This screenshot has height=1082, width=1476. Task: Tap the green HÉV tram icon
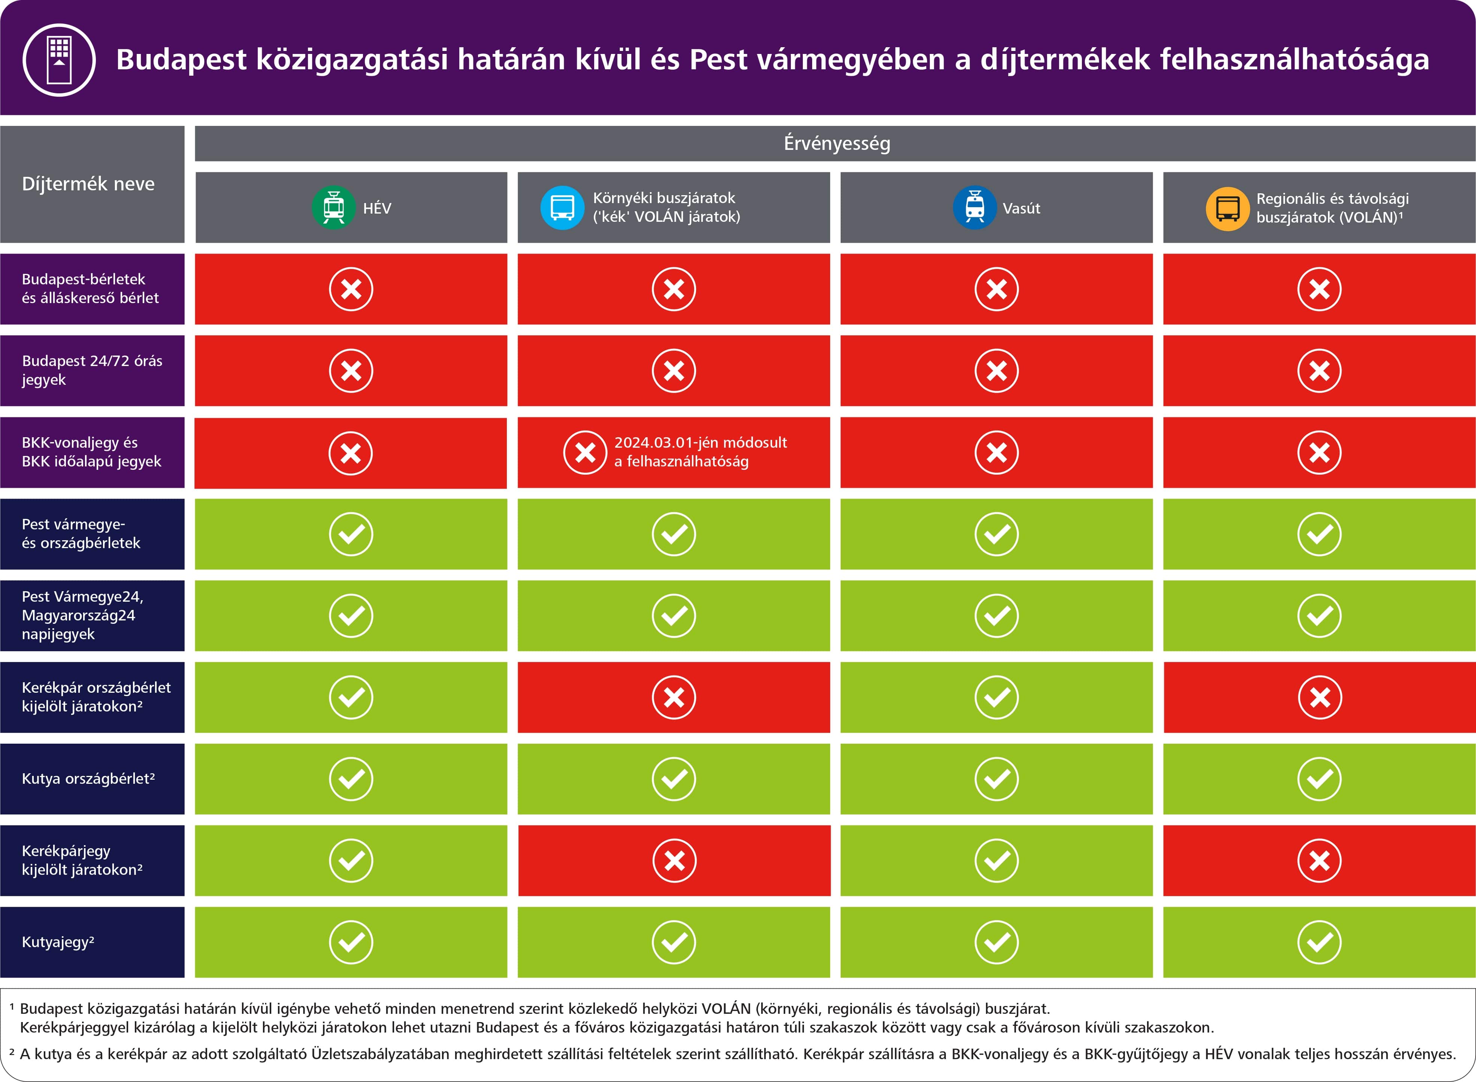(334, 208)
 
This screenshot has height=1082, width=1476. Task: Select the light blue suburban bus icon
(562, 208)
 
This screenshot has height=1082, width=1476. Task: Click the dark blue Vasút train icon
(974, 208)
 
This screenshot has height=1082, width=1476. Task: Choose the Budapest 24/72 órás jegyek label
(92, 370)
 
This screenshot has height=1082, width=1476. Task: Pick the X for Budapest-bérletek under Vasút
(996, 289)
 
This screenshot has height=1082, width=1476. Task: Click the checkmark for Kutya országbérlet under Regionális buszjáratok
(1319, 779)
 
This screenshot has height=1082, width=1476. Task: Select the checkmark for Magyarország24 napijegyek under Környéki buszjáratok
(674, 616)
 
